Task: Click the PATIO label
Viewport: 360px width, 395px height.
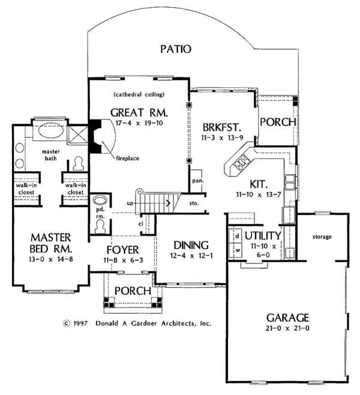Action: pyautogui.click(x=175, y=49)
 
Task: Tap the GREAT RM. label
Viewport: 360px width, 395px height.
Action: pyautogui.click(x=139, y=112)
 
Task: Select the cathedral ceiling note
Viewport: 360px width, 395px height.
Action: pyautogui.click(x=139, y=95)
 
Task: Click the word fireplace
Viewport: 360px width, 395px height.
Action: pyautogui.click(x=128, y=158)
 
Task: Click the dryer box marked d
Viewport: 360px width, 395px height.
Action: pyautogui.click(x=237, y=235)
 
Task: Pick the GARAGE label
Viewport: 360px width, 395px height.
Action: pyautogui.click(x=284, y=317)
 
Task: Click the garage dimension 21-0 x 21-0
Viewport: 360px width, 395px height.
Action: pyautogui.click(x=284, y=329)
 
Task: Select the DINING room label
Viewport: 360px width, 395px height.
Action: pyautogui.click(x=191, y=245)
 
